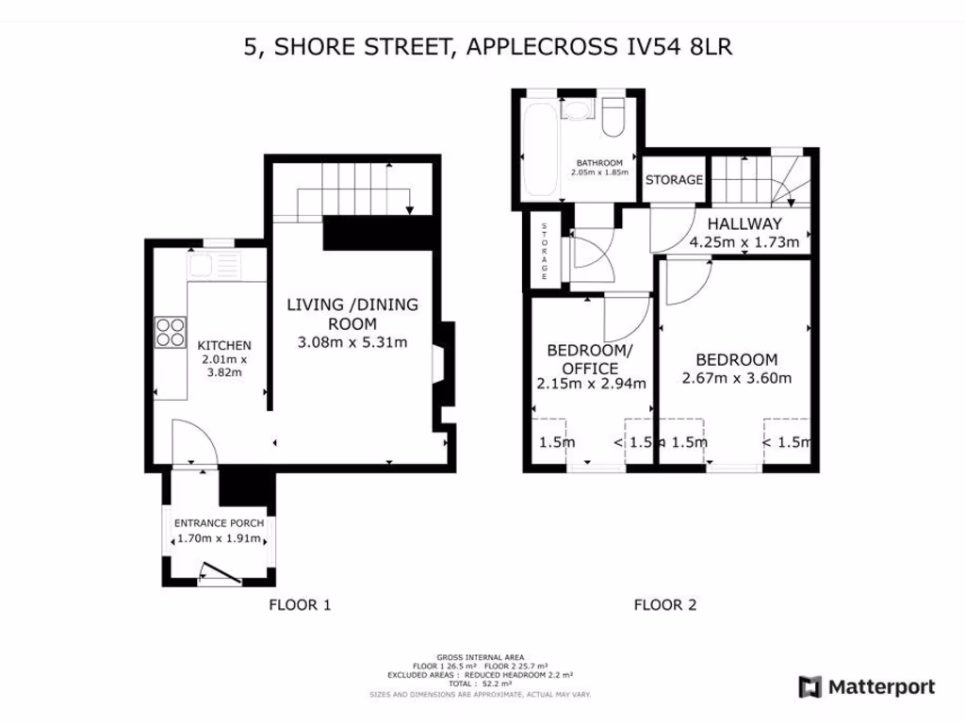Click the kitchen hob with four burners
pos(171,332)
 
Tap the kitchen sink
pos(214,266)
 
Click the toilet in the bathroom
pos(613,118)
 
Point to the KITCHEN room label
pos(223,345)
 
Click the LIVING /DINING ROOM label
pos(352,314)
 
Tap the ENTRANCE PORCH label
pos(219,523)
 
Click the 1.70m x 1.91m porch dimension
pos(219,540)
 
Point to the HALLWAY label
pos(744,224)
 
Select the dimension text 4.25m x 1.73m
pos(744,242)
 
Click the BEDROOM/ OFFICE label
pos(590,359)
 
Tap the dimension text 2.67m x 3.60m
pos(737,379)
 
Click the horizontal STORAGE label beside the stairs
pos(674,179)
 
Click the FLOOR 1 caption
pos(300,605)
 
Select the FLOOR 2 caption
pos(664,605)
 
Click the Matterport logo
pos(867,687)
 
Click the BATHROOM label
pos(599,163)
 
